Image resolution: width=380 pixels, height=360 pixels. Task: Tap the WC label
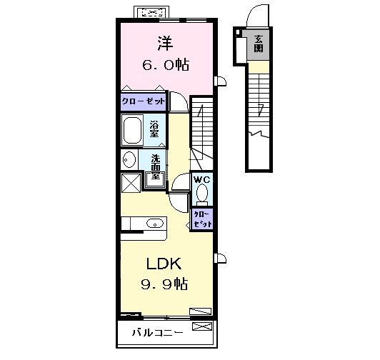pos(202,179)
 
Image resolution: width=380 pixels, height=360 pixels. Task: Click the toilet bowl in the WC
pos(202,193)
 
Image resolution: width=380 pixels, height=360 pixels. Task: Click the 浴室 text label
pos(154,130)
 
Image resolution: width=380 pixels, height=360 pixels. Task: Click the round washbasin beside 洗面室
pos(129,159)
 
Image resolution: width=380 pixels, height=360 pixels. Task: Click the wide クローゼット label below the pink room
pos(143,101)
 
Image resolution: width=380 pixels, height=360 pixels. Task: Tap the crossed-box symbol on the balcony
pos(203,327)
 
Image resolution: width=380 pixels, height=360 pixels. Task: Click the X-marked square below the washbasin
pos(131,184)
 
